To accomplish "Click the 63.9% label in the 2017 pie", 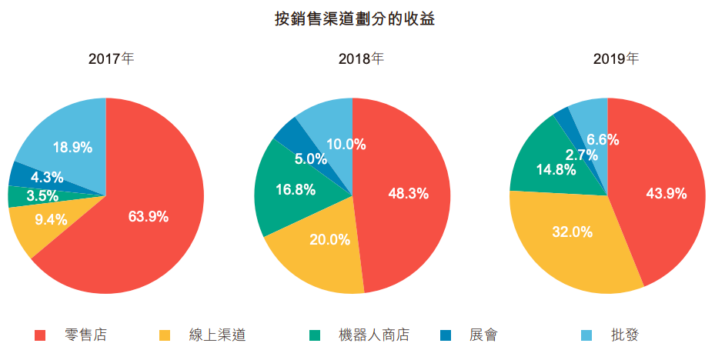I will [149, 217].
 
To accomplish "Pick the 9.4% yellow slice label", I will [52, 219].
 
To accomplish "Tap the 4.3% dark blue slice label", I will [47, 177].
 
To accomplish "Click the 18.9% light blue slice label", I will [72, 147].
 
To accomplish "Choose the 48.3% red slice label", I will [408, 194].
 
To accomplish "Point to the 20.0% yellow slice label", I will [330, 239].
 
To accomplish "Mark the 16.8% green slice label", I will [295, 190].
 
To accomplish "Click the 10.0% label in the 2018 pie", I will [346, 144].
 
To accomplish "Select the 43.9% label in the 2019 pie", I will [666, 194].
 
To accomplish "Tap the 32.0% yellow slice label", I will [572, 232].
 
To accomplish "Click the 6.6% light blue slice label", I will [603, 140].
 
